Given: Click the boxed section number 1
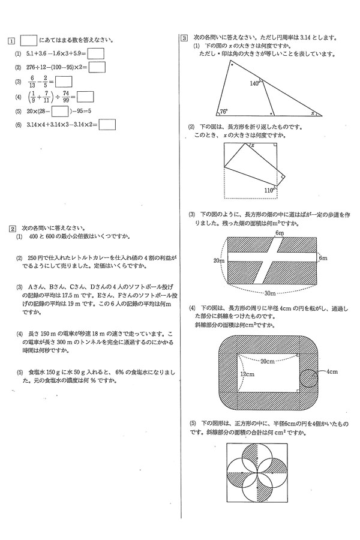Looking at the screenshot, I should click(x=11, y=41).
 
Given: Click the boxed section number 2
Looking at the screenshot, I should click(x=11, y=228).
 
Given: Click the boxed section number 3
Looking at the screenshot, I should click(x=184, y=38).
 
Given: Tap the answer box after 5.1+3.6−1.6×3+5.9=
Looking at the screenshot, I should click(x=95, y=53).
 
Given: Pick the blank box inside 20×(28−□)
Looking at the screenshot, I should click(x=58, y=111).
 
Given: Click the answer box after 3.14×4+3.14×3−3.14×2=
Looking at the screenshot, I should click(x=107, y=125).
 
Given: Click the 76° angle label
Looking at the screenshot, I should click(x=223, y=112).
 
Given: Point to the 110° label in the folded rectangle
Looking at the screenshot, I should click(x=268, y=190).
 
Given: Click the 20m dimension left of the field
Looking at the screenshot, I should click(x=218, y=261).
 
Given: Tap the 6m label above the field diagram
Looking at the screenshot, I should click(x=279, y=232).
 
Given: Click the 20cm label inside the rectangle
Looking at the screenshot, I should click(x=268, y=361).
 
